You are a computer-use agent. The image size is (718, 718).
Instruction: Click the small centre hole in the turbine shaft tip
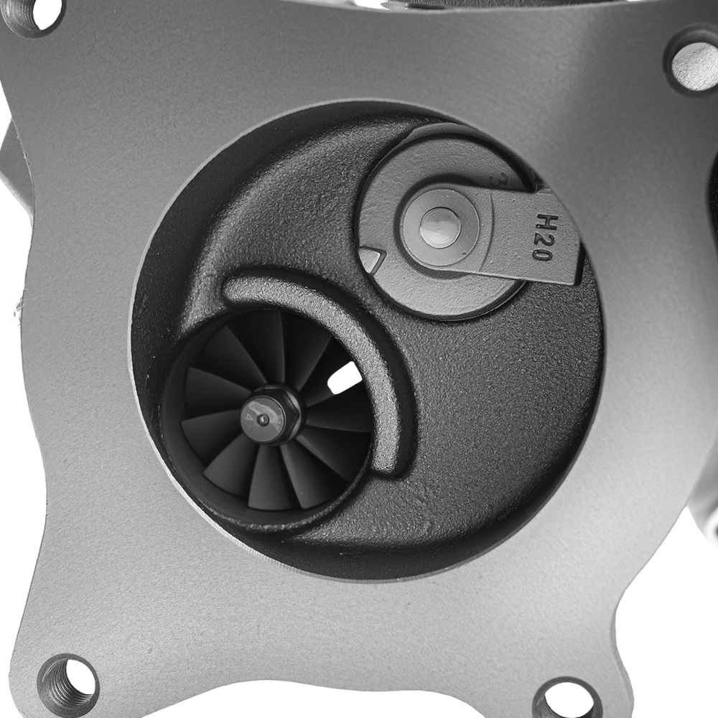click(264, 419)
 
